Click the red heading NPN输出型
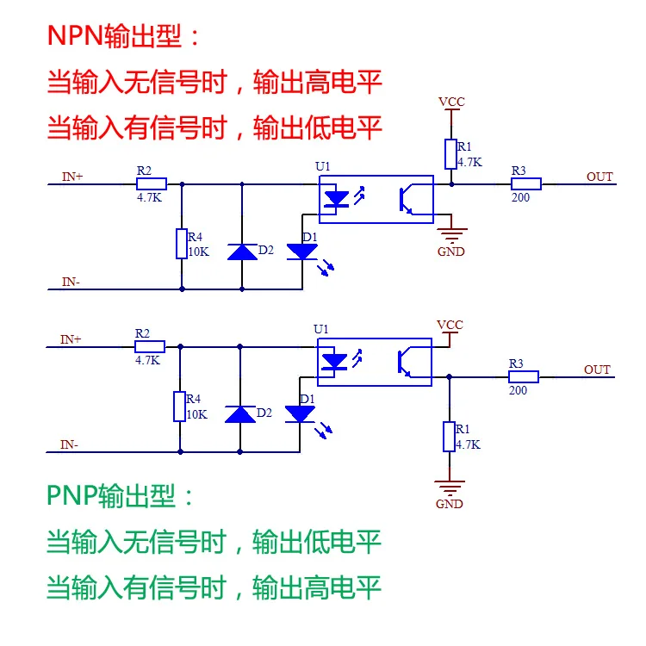pyautogui.click(x=123, y=36)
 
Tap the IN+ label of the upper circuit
pyautogui.click(x=72, y=177)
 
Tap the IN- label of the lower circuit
pyautogui.click(x=70, y=445)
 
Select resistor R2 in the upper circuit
pyautogui.click(x=152, y=183)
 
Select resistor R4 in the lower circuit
pyautogui.click(x=180, y=407)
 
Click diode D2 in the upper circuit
pyautogui.click(x=242, y=252)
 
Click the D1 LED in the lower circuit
pyautogui.click(x=301, y=414)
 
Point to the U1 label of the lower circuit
pyautogui.click(x=321, y=329)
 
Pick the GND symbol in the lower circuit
pyautogui.click(x=449, y=486)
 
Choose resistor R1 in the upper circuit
pyautogui.click(x=450, y=154)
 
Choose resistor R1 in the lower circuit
pyautogui.click(x=449, y=437)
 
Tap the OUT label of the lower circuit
pyautogui.click(x=597, y=370)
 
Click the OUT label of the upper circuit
pyautogui.click(x=599, y=177)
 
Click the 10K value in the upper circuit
pyautogui.click(x=198, y=252)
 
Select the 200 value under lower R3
pyautogui.click(x=518, y=390)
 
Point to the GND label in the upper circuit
pyautogui.click(x=450, y=252)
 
